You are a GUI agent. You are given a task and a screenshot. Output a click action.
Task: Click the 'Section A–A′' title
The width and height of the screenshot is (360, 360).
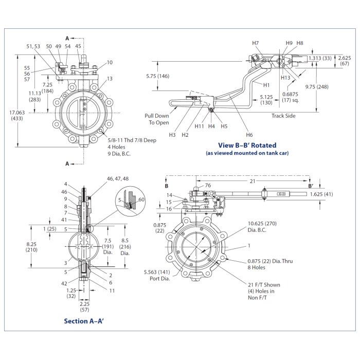(83, 321)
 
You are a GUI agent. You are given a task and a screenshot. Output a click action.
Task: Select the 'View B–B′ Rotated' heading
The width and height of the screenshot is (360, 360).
(247, 145)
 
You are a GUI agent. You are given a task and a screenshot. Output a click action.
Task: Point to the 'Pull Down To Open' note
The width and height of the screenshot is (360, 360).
(156, 119)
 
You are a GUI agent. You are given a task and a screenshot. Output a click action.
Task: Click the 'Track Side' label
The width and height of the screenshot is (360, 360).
(283, 116)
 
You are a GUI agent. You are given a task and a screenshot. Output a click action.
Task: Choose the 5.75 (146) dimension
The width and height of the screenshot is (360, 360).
(157, 76)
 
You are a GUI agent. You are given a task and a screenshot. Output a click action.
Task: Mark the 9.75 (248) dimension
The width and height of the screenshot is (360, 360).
(330, 86)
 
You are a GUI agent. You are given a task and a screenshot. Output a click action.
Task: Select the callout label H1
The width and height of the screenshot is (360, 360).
(266, 85)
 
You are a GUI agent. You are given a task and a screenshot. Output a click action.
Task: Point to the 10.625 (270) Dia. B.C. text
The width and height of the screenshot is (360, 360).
(262, 227)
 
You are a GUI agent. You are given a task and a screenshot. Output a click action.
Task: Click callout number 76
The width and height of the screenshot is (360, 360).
(208, 186)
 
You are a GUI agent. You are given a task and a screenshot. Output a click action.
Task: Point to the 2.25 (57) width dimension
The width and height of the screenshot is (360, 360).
(85, 307)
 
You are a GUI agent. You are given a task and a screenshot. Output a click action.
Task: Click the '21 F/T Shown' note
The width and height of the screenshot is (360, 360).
(264, 284)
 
